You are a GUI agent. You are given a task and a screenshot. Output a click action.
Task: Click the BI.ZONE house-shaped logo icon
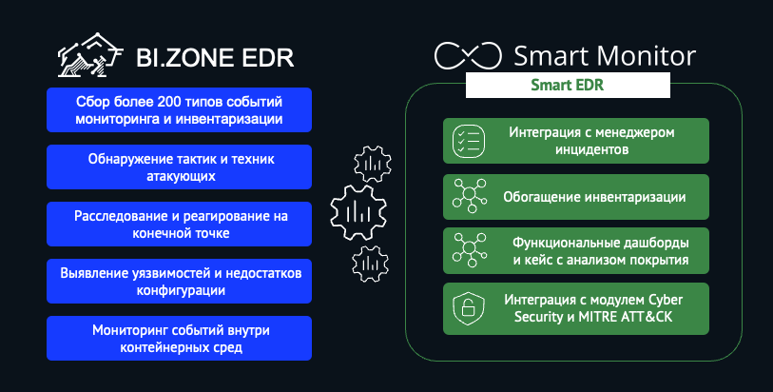pyautogui.click(x=89, y=55)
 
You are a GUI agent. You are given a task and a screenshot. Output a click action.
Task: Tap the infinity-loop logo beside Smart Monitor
pyautogui.click(x=468, y=55)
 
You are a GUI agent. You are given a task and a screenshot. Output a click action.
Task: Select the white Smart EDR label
pyautogui.click(x=568, y=85)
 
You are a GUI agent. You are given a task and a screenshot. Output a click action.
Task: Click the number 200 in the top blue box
pyautogui.click(x=169, y=102)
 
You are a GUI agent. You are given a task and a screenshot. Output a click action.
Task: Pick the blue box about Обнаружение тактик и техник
pyautogui.click(x=180, y=167)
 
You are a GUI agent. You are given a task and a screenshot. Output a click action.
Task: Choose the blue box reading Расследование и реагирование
pyautogui.click(x=180, y=224)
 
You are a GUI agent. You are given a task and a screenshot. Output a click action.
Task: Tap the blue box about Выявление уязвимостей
pyautogui.click(x=180, y=281)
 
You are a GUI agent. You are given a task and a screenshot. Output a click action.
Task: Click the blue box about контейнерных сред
pyautogui.click(x=180, y=339)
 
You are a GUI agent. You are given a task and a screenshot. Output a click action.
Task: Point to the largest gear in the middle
pyautogui.click(x=358, y=212)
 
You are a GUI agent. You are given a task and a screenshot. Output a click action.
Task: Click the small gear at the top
pyautogui.click(x=373, y=165)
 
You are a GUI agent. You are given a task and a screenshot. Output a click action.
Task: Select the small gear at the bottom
pyautogui.click(x=370, y=264)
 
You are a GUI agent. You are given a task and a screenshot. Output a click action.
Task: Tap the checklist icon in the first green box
pyautogui.click(x=469, y=141)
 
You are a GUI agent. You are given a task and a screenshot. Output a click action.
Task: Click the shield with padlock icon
pyautogui.click(x=469, y=308)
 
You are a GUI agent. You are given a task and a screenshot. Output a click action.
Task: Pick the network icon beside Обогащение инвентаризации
pyautogui.click(x=470, y=196)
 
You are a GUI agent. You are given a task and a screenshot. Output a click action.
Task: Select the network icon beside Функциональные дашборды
pyautogui.click(x=470, y=250)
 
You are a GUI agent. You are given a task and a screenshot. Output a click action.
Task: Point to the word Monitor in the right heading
pyautogui.click(x=647, y=56)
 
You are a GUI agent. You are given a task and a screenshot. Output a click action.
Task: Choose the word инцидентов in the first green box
pyautogui.click(x=592, y=149)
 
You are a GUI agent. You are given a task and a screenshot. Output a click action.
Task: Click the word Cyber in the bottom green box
pyautogui.click(x=666, y=301)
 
